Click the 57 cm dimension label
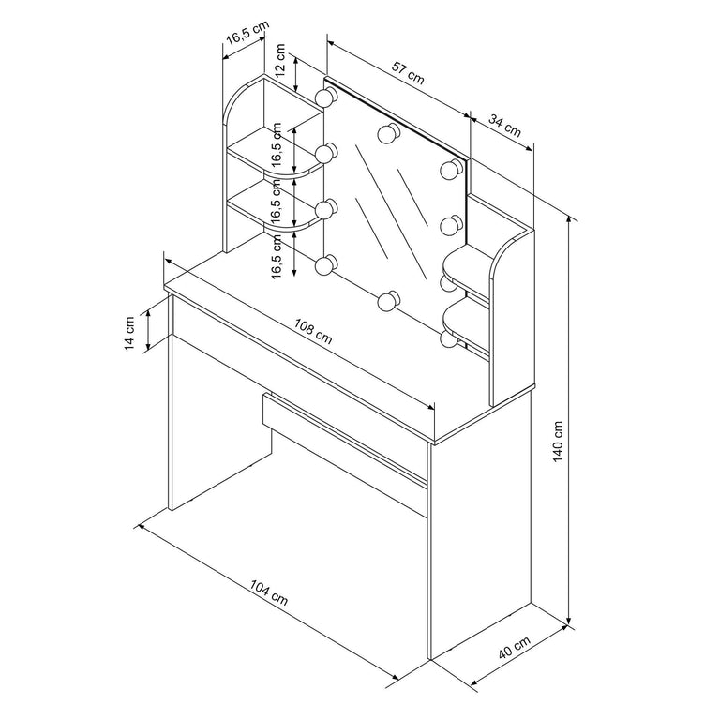(x=409, y=72)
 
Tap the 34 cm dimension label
(x=505, y=126)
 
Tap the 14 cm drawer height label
(x=132, y=330)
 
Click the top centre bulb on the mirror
(x=386, y=133)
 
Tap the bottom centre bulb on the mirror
(x=386, y=301)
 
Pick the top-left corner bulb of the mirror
(x=325, y=97)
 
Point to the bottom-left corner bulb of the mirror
(x=325, y=267)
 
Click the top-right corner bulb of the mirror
(x=451, y=170)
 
